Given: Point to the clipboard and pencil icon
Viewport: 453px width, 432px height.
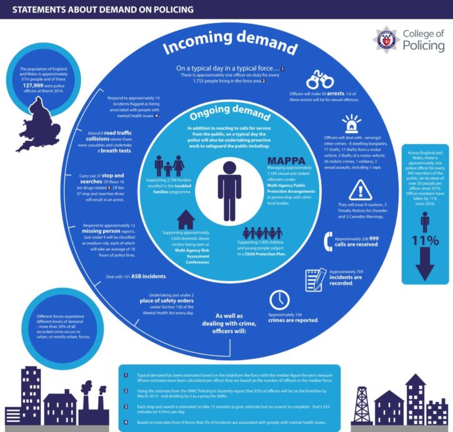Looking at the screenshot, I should [x=316, y=279].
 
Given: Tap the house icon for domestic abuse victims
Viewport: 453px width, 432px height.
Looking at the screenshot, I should [x=186, y=220].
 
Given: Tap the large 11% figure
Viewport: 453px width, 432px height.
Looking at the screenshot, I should [x=425, y=240].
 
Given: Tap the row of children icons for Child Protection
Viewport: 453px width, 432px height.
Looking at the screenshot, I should [x=262, y=234].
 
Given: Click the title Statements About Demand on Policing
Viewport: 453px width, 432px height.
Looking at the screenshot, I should [x=104, y=9].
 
